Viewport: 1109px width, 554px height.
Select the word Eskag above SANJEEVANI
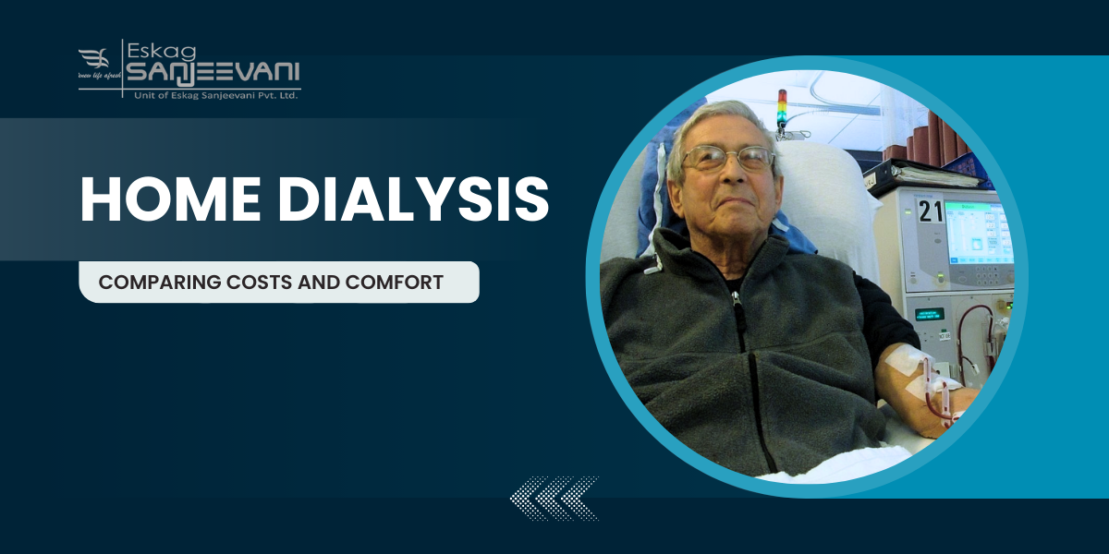click(157, 49)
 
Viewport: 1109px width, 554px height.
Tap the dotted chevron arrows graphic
click(554, 499)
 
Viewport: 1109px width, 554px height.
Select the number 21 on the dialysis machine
click(930, 211)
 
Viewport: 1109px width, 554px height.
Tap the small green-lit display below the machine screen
click(929, 314)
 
